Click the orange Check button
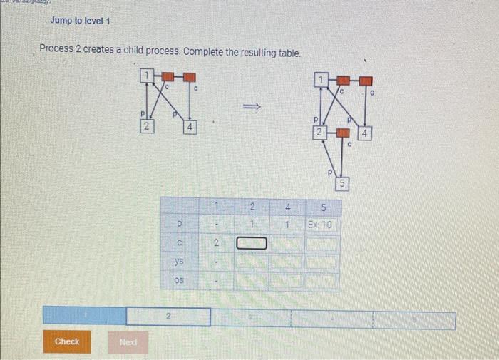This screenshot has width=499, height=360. tap(67, 341)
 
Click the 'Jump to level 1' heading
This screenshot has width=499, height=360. tap(80, 21)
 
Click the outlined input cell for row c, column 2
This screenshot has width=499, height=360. tap(252, 245)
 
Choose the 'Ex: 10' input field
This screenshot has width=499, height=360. tap(321, 225)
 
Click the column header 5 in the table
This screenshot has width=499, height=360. tap(321, 207)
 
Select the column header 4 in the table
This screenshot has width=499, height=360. tap(287, 207)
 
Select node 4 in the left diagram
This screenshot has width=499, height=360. tap(190, 127)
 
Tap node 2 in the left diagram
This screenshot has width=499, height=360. tap(145, 127)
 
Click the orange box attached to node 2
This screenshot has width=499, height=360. tap(344, 133)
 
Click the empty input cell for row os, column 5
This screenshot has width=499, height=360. tap(321, 282)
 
